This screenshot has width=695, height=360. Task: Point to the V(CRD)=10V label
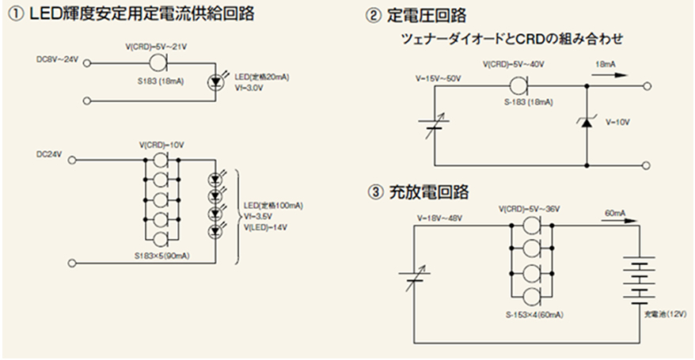[162, 145]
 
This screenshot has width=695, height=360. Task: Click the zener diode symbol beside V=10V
[587, 123]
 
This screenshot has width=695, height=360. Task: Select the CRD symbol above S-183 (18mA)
[519, 85]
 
